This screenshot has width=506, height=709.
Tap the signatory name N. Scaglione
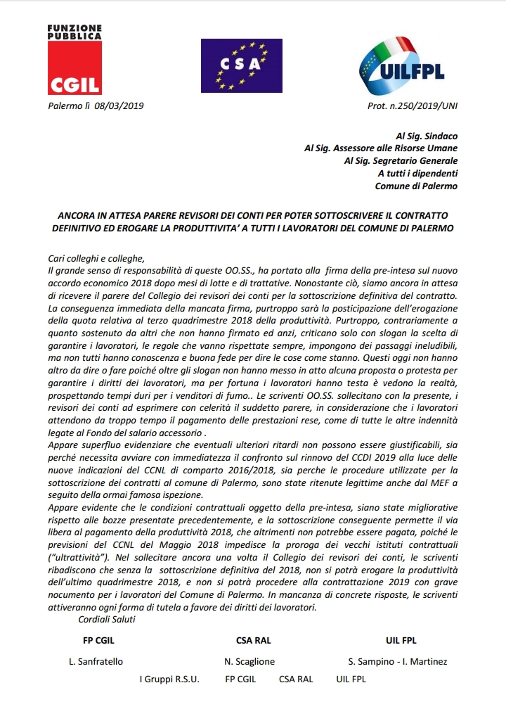[249, 661]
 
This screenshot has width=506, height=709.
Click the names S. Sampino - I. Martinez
[397, 661]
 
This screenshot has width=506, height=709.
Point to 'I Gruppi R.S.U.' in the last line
[169, 679]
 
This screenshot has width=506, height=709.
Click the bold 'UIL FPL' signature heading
[401, 641]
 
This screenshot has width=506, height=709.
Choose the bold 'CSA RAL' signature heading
[254, 641]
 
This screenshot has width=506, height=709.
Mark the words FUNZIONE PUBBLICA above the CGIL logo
[74, 31]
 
